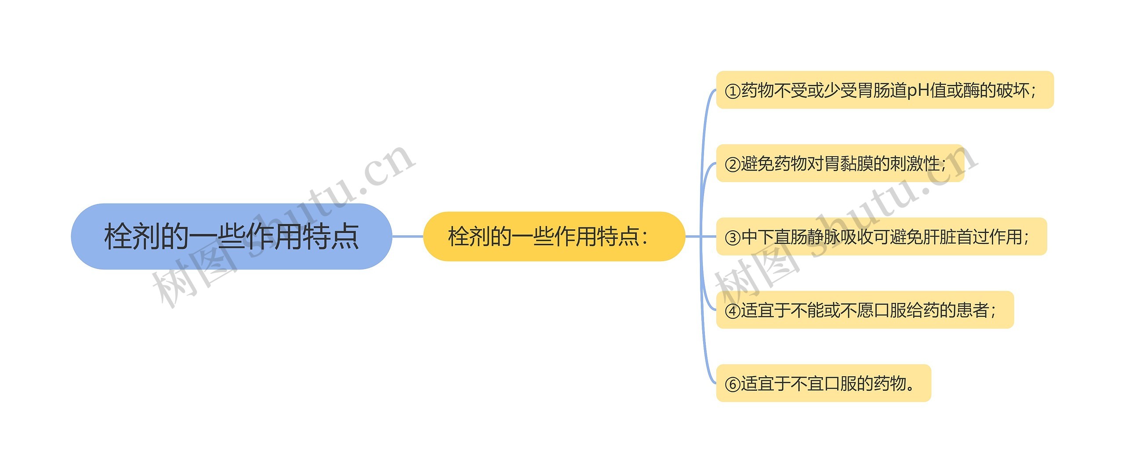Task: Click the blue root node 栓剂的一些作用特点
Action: point(231,236)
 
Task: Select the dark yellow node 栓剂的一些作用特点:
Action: point(554,236)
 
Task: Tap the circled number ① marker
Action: point(733,91)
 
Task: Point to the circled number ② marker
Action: point(733,164)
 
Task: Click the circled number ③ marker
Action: point(733,237)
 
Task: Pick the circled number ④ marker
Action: point(733,311)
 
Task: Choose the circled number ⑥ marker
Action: point(733,384)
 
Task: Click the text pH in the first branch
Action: point(918,91)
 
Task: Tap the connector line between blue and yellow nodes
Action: point(407,236)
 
